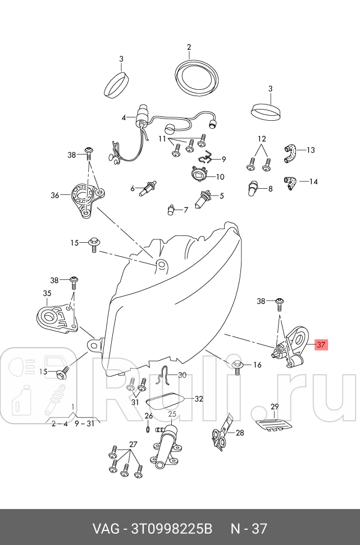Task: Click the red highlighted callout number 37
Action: (x=321, y=344)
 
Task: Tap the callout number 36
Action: (x=54, y=196)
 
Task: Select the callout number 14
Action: (x=313, y=181)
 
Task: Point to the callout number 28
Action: (x=240, y=433)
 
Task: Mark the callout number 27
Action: (x=133, y=444)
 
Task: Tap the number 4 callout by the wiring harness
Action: (x=124, y=118)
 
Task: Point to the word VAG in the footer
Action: (x=104, y=528)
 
